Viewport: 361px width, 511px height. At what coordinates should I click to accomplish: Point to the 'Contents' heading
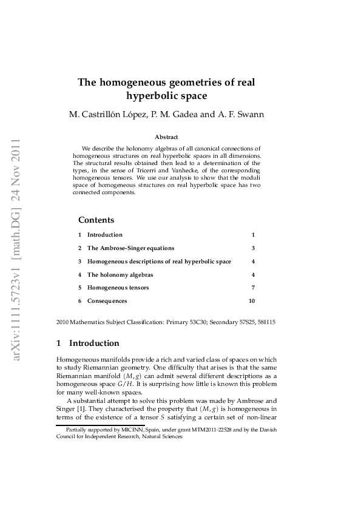pos(96,220)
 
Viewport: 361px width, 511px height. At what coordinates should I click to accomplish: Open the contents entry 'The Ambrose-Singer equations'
pos(130,248)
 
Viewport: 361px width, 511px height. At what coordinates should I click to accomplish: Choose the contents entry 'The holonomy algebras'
pos(120,274)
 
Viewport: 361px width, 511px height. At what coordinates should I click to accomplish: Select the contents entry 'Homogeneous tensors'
pos(118,288)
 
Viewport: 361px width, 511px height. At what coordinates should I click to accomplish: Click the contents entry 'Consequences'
pos(107,301)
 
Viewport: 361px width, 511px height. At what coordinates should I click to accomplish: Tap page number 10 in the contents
pos(252,301)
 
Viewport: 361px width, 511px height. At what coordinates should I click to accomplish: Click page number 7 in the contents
pos(253,288)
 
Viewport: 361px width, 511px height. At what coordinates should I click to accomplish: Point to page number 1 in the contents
pos(253,235)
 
